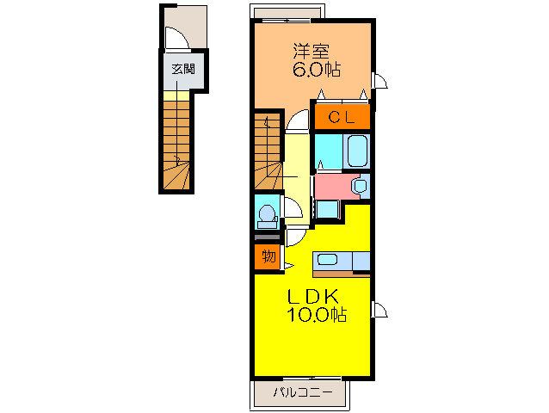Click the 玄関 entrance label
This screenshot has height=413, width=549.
pos(182,69)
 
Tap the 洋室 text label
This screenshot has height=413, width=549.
pos(311,52)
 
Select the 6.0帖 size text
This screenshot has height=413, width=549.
pos(316,70)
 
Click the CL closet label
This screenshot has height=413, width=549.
pos(342,117)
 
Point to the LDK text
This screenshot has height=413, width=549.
pos(312,297)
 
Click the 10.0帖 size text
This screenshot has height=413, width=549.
pos(317,314)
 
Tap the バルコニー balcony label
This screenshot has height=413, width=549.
pos(303,392)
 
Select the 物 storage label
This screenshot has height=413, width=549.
pos(268,256)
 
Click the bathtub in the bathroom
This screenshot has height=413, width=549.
pos(357,151)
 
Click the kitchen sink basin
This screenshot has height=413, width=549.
pos(327,259)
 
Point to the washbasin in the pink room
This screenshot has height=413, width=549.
pos(359,186)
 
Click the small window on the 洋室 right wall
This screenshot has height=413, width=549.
pos(380,81)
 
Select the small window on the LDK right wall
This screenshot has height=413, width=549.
pos(380,310)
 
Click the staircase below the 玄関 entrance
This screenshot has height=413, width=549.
pos(176,145)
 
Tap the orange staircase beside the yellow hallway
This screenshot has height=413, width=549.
pos(268,151)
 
